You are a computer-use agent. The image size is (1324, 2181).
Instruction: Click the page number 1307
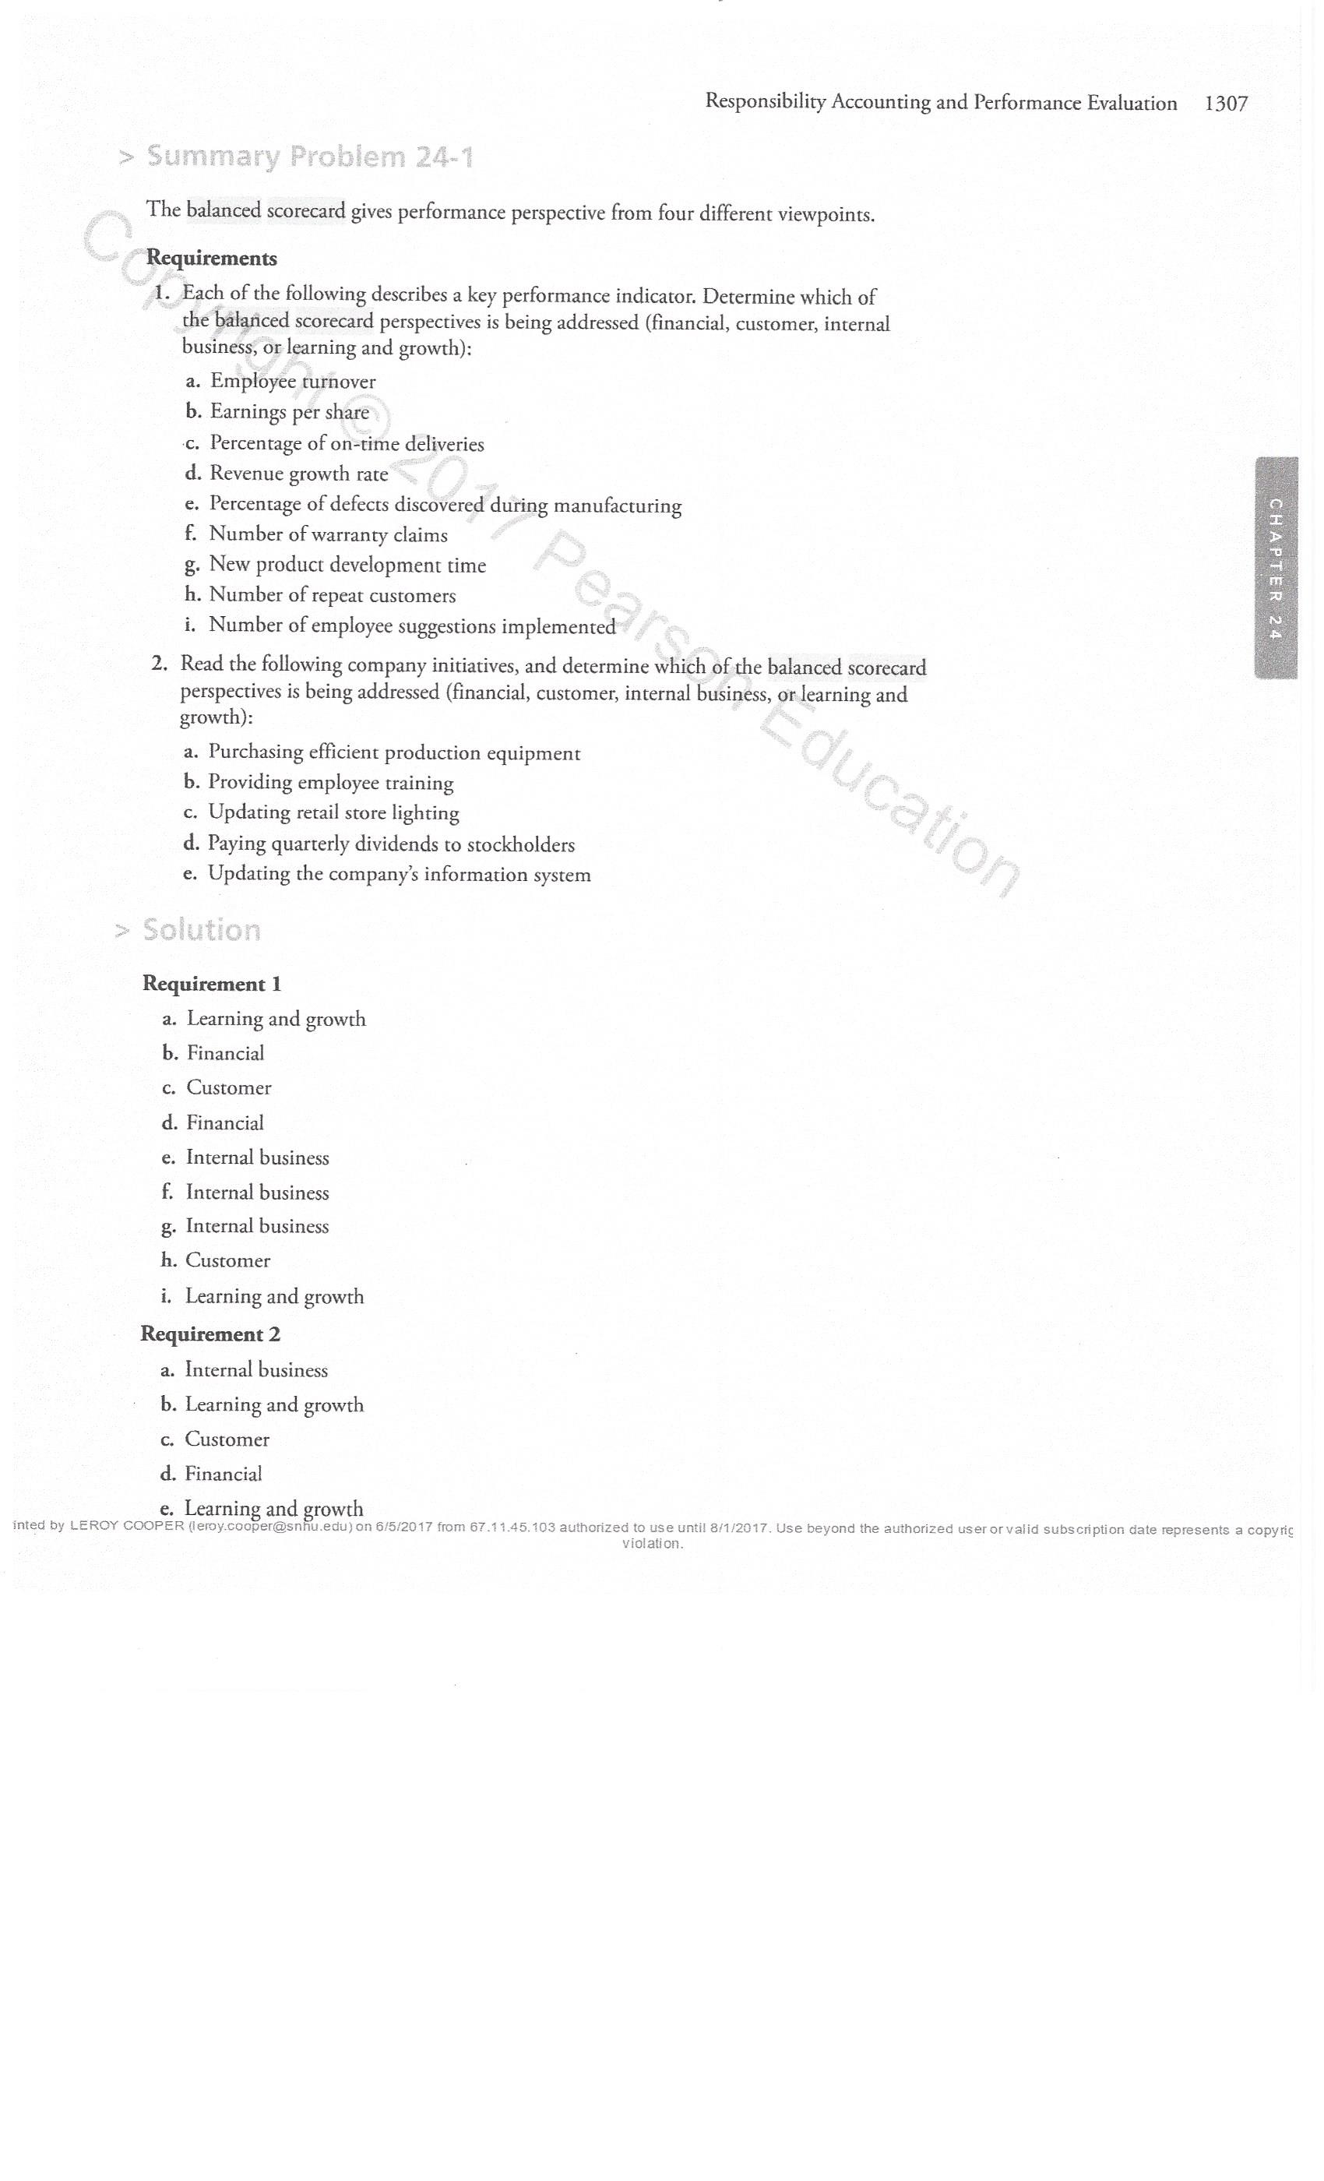pyautogui.click(x=1226, y=104)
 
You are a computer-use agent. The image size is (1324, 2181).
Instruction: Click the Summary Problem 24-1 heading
pyautogui.click(x=309, y=157)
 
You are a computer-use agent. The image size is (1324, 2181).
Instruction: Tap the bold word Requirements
pyautogui.click(x=212, y=259)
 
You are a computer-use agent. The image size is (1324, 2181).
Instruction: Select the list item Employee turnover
pyautogui.click(x=292, y=382)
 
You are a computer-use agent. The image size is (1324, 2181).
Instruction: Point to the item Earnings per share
pyautogui.click(x=290, y=413)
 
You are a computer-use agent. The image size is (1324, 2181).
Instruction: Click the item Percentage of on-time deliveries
pyautogui.click(x=346, y=443)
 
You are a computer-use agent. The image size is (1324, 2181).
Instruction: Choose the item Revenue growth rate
pyautogui.click(x=298, y=474)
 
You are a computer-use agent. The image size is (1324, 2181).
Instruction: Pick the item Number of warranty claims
pyautogui.click(x=327, y=534)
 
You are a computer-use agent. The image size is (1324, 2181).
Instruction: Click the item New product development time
pyautogui.click(x=347, y=565)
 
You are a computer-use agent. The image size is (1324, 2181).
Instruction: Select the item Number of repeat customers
pyautogui.click(x=332, y=595)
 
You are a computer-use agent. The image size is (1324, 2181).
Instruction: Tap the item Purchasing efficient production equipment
pyautogui.click(x=394, y=752)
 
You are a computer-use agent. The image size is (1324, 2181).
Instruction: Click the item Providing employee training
pyautogui.click(x=330, y=783)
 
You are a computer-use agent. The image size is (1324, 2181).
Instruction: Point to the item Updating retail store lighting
pyautogui.click(x=333, y=812)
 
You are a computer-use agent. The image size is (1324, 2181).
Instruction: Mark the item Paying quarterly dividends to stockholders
pyautogui.click(x=390, y=844)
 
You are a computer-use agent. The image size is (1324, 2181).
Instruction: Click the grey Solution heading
pyautogui.click(x=201, y=930)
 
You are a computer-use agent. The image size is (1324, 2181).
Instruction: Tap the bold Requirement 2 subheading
pyautogui.click(x=210, y=1334)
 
